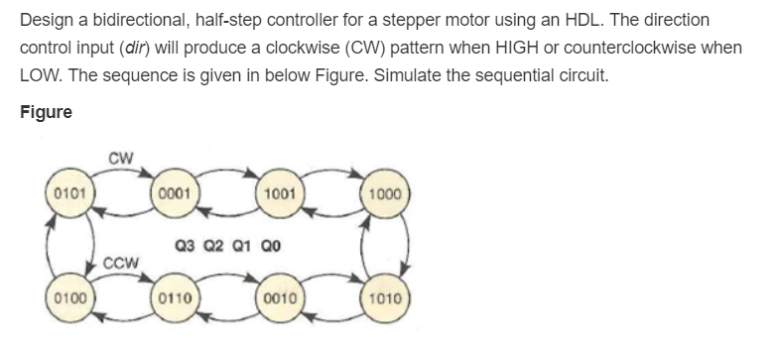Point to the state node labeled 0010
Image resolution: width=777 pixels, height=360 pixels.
[x=279, y=297]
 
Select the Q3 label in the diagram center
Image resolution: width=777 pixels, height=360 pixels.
[x=186, y=243]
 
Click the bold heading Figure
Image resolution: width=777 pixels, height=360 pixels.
[x=46, y=111]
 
